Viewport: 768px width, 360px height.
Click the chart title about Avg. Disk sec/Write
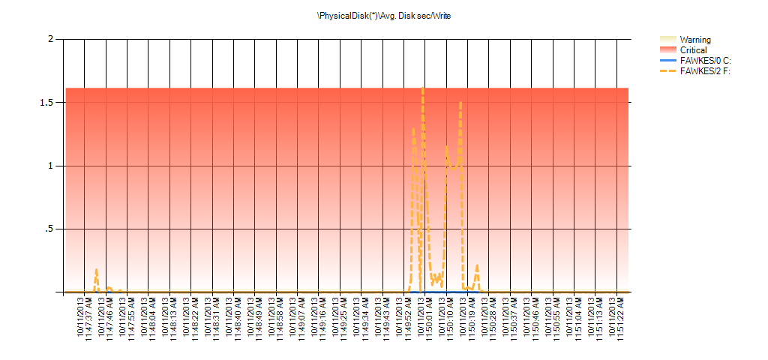pyautogui.click(x=384, y=15)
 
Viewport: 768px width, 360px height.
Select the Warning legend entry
pyautogui.click(x=694, y=40)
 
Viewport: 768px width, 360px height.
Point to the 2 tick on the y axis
pyautogui.click(x=50, y=39)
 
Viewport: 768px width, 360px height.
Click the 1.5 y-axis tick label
pyautogui.click(x=46, y=102)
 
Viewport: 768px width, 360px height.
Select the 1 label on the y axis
pyautogui.click(x=50, y=166)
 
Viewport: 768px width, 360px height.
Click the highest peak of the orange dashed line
pyautogui.click(x=422, y=88)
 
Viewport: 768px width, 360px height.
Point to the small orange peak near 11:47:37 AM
pyautogui.click(x=96, y=269)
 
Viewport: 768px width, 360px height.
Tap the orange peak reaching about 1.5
pyautogui.click(x=460, y=102)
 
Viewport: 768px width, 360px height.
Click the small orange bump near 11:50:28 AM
pyautogui.click(x=477, y=265)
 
